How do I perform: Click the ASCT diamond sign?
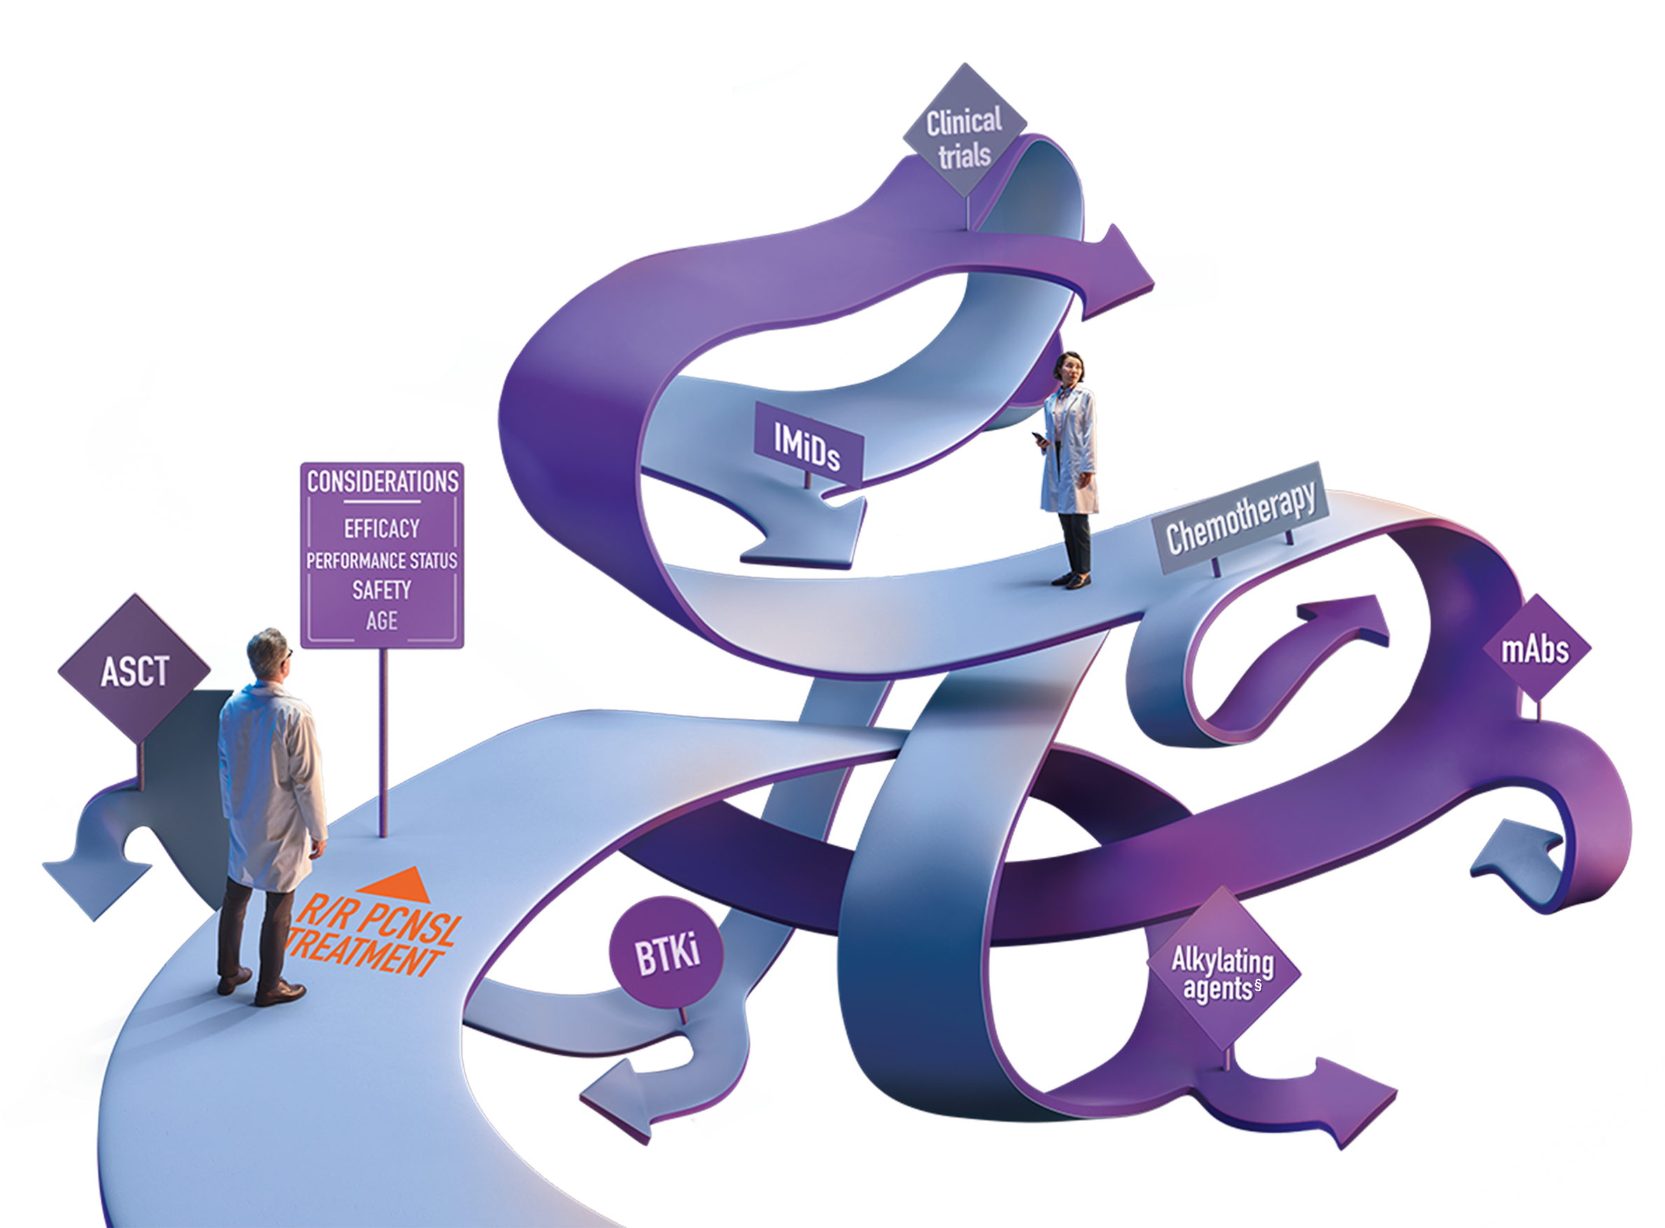tap(134, 669)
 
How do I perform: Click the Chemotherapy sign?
tap(1240, 517)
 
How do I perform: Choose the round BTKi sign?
tap(666, 954)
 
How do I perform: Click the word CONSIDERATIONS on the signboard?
tap(382, 482)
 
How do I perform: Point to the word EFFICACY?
tap(381, 529)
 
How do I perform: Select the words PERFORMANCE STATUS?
tap(381, 560)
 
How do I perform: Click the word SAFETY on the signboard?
tap(381, 590)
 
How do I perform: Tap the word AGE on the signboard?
tap(381, 621)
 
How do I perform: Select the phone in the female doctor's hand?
tap(1039, 438)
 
